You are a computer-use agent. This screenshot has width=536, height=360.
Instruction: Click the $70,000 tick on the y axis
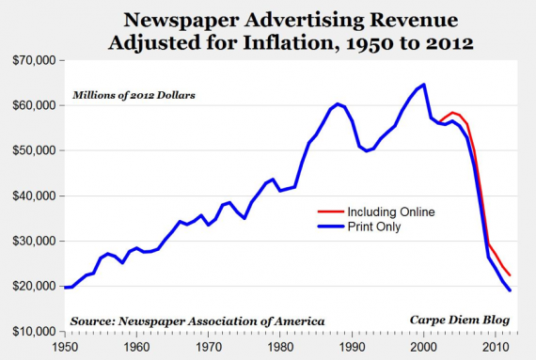34,60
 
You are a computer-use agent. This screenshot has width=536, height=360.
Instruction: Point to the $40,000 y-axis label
34,196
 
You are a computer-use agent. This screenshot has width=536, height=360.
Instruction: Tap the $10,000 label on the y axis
34,332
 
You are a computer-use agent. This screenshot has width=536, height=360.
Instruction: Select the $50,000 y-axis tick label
34,150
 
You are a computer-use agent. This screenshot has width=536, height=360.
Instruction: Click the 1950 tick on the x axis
64,347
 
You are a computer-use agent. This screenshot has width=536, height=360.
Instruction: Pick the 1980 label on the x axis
281,347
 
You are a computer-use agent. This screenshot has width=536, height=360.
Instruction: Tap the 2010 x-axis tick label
497,347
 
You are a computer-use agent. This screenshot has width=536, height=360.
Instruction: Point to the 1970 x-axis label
209,347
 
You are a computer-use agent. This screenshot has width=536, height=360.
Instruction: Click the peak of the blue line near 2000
424,85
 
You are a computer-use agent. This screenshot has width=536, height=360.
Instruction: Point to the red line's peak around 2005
452,112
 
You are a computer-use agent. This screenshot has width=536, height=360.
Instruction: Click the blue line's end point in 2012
511,290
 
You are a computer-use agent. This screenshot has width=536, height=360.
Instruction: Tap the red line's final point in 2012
511,274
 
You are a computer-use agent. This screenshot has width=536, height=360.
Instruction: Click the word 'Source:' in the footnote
92,321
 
